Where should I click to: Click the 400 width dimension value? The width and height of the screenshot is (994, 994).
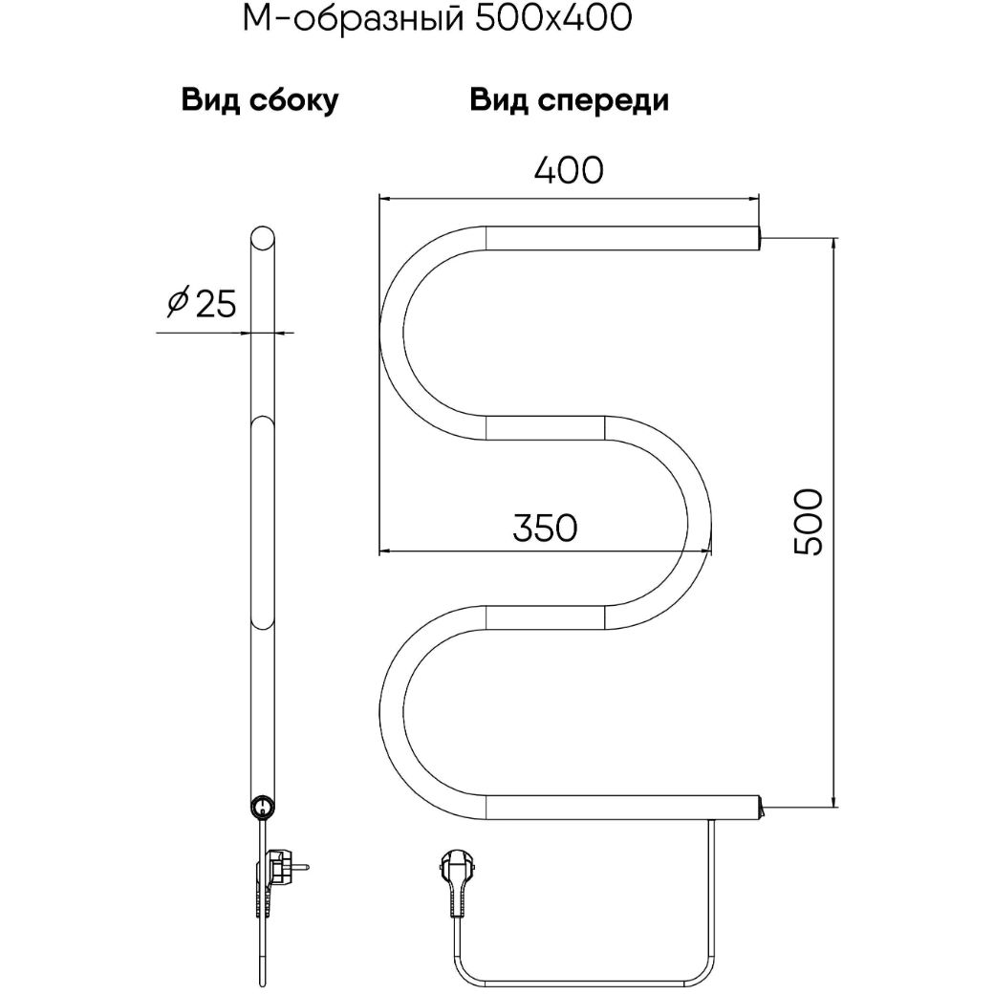tap(569, 170)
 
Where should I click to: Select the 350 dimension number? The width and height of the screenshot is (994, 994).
tap(545, 528)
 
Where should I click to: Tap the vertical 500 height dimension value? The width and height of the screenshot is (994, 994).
tap(809, 522)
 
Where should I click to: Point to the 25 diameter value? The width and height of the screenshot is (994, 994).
tap(216, 304)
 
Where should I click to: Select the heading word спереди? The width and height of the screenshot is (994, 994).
tap(603, 101)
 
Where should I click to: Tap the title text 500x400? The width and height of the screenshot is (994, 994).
tap(552, 19)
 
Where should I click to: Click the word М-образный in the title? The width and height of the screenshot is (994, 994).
tap(353, 19)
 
